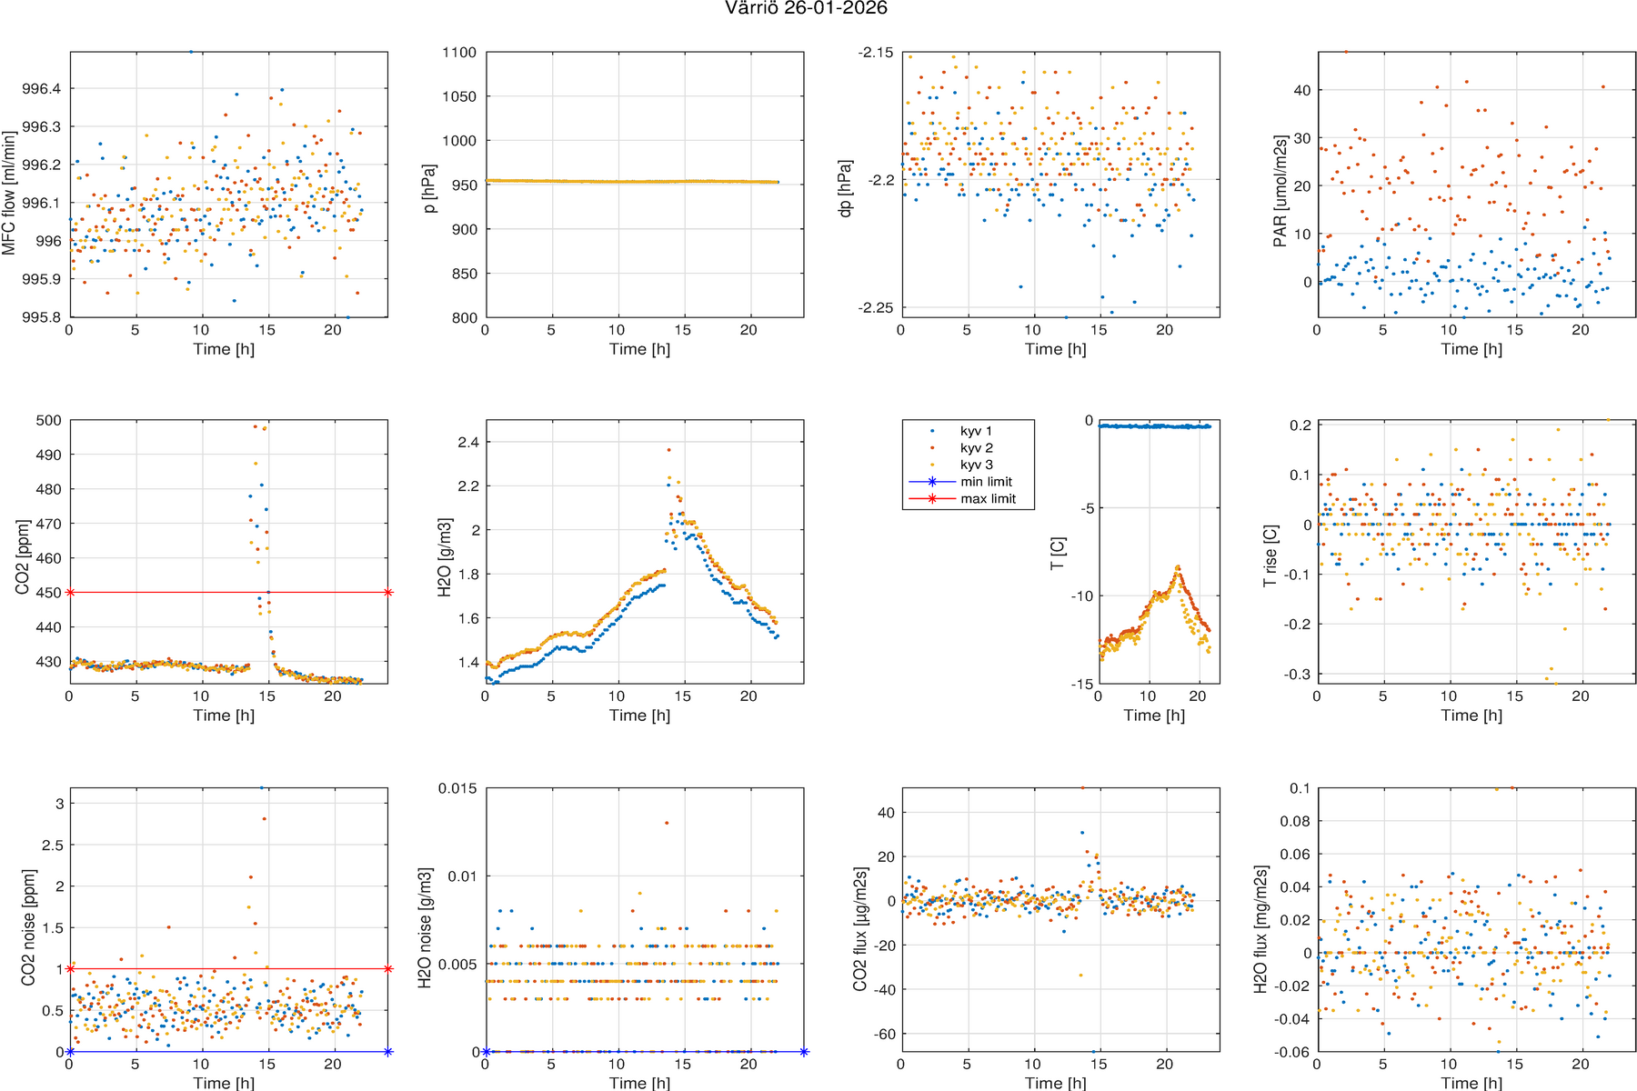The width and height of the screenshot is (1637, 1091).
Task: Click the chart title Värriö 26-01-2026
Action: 806,9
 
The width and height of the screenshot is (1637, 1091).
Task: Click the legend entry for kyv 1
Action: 976,431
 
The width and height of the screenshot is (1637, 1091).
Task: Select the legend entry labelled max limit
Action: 988,499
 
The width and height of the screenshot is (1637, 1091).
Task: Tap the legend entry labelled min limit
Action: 986,482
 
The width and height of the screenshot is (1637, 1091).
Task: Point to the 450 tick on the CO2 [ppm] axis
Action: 49,593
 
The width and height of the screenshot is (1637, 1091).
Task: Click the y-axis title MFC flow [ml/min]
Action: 9,193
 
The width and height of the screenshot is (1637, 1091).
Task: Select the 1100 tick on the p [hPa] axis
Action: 459,53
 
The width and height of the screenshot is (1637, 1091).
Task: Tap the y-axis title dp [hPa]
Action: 846,188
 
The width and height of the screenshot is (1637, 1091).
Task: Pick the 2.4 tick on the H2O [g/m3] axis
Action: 467,443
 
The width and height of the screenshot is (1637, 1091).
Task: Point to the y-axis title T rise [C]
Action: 1270,556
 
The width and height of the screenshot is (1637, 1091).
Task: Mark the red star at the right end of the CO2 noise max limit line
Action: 388,969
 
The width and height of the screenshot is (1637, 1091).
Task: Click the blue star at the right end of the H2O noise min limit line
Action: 804,1052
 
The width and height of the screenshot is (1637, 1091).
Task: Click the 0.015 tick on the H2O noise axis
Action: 457,788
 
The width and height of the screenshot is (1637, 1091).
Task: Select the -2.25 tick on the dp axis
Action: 876,308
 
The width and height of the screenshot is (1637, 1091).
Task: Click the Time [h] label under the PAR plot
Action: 1471,349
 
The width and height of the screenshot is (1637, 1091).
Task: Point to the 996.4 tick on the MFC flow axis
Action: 42,89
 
